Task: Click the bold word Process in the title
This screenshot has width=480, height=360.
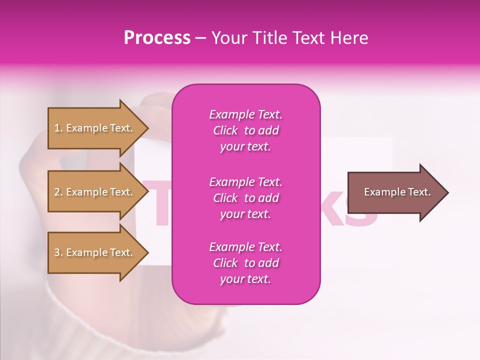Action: [157, 38]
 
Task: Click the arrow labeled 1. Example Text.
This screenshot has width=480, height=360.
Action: [95, 128]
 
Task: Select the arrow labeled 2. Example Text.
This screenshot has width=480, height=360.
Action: [95, 192]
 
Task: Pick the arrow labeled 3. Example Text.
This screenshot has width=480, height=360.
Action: [95, 252]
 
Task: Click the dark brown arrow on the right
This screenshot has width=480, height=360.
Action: [395, 192]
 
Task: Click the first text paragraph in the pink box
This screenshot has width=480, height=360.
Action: [245, 130]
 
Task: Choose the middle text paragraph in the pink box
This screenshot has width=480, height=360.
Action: [245, 198]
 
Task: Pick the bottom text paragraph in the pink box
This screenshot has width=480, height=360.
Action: [245, 263]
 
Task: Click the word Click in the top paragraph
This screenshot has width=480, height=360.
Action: [225, 130]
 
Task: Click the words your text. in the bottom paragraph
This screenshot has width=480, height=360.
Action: [245, 279]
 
